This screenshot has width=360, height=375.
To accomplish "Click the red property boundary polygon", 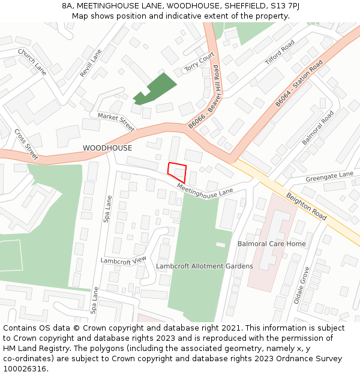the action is coord(178,172).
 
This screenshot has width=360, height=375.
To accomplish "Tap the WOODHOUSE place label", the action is coord(107,148).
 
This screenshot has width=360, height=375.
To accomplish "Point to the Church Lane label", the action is coord(32,62).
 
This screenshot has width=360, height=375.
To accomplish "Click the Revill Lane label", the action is coord(91,63).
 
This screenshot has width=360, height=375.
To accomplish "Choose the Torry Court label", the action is coord(199,62).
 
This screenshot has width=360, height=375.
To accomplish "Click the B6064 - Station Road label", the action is coord(299,84).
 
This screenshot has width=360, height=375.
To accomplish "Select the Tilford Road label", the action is coord(280,53).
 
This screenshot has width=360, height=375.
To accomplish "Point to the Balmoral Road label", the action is coord(317,127).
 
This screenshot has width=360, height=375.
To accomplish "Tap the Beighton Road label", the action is coord(306,206).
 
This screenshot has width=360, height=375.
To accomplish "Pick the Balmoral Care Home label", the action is coord(271,244).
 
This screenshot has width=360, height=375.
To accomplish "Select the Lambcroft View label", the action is coord(124,260).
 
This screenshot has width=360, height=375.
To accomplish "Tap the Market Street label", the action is coord(116,122).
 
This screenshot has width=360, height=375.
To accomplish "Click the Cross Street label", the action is coord(26,145).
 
